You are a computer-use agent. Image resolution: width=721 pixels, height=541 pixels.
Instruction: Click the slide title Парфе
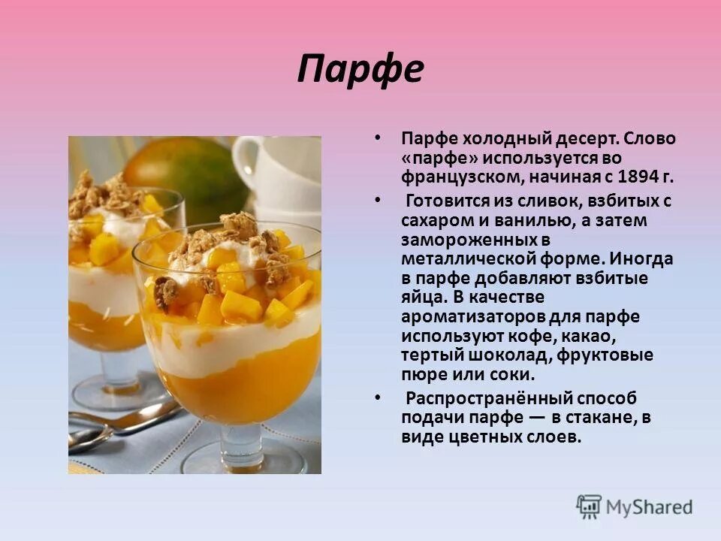[360, 70]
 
